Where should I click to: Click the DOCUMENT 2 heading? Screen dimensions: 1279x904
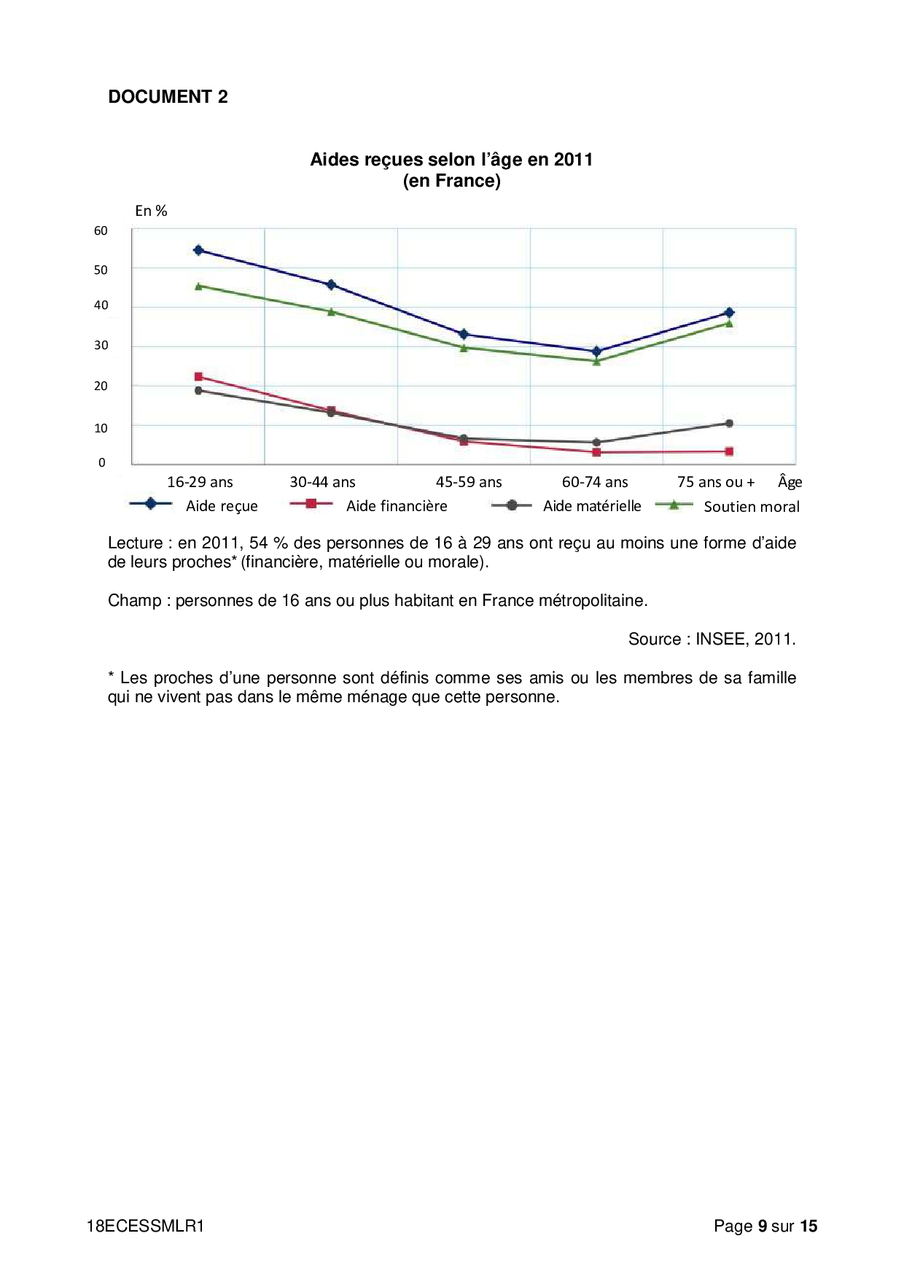pyautogui.click(x=168, y=97)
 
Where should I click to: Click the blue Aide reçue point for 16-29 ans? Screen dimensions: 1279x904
pyautogui.click(x=198, y=250)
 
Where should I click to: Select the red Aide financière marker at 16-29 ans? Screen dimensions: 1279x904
pyautogui.click(x=198, y=377)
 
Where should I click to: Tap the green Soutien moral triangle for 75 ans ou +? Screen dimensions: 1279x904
pyautogui.click(x=729, y=323)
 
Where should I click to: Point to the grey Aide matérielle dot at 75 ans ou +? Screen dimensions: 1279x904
pyautogui.click(x=729, y=424)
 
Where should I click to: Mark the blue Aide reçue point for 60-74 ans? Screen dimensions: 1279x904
pyautogui.click(x=596, y=351)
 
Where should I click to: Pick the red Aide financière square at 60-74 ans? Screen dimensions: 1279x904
pyautogui.click(x=596, y=452)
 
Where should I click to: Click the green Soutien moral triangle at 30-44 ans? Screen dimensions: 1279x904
pyautogui.click(x=331, y=312)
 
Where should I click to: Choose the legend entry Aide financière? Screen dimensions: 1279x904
pyautogui.click(x=396, y=506)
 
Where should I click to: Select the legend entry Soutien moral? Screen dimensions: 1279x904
pyautogui.click(x=751, y=507)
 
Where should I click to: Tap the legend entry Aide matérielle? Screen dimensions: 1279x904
pyautogui.click(x=591, y=506)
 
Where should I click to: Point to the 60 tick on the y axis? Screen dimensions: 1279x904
pyautogui.click(x=101, y=231)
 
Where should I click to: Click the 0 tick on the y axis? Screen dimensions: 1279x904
pyautogui.click(x=102, y=462)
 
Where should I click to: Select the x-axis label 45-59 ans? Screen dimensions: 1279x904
pyautogui.click(x=469, y=482)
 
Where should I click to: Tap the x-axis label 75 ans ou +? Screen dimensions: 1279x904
pyautogui.click(x=716, y=482)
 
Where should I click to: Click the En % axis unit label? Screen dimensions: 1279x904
pyautogui.click(x=151, y=211)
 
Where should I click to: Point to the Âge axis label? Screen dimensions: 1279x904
pyautogui.click(x=790, y=481)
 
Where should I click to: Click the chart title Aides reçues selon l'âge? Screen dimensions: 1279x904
pyautogui.click(x=451, y=160)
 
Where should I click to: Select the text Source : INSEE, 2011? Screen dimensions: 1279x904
pyautogui.click(x=712, y=639)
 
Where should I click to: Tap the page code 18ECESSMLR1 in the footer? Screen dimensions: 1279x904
pyautogui.click(x=145, y=1226)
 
